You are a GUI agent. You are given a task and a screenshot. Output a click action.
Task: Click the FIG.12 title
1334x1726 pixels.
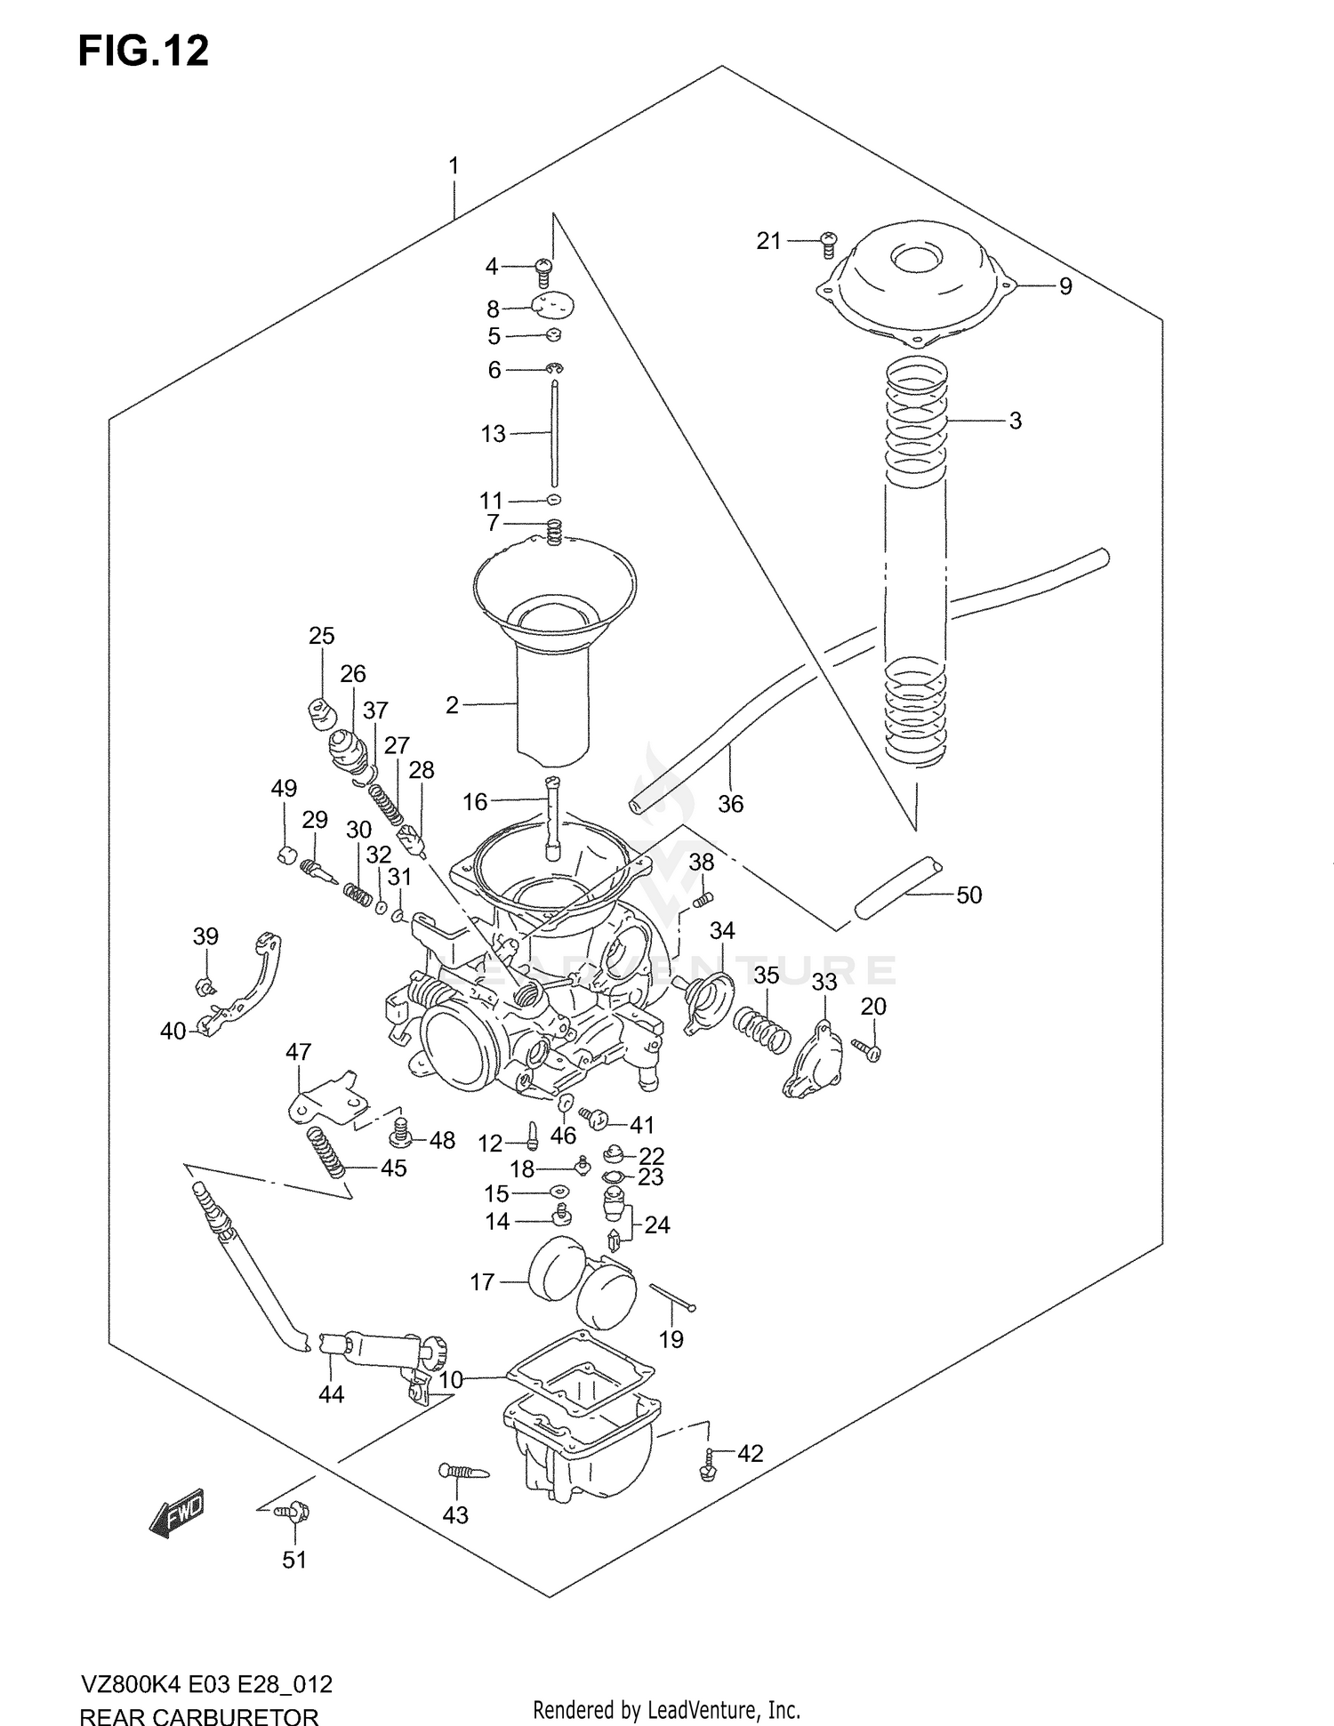click(x=143, y=51)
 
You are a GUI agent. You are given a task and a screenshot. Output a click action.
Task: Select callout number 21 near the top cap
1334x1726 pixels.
click(x=768, y=240)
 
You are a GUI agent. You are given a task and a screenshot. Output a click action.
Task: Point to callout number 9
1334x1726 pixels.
click(x=1065, y=286)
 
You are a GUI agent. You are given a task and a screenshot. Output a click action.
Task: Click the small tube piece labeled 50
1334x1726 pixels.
click(x=896, y=888)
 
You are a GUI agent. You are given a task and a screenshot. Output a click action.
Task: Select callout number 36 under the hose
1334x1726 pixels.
click(x=730, y=804)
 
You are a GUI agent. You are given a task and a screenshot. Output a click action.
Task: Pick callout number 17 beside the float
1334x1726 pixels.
click(x=482, y=1282)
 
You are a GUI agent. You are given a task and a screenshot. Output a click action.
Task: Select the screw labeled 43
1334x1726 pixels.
click(x=463, y=1472)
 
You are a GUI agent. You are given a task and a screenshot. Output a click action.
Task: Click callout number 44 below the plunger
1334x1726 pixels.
click(x=331, y=1394)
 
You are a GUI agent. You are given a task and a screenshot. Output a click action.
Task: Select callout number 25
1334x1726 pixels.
click(x=321, y=636)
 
